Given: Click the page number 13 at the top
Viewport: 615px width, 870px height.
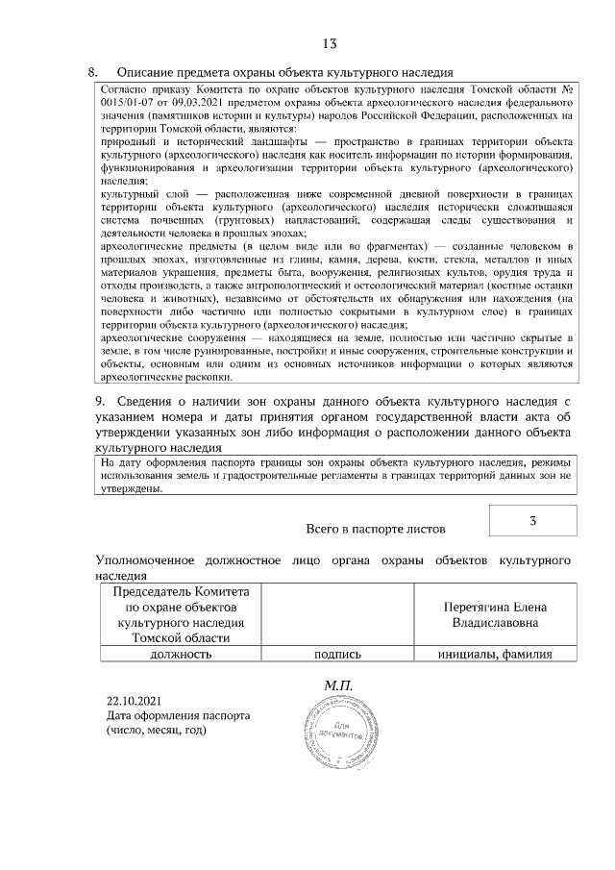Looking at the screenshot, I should [x=329, y=43].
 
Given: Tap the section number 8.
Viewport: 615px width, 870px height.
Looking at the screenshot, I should [x=93, y=72].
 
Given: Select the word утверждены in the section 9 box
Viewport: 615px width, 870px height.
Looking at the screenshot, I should [x=133, y=487].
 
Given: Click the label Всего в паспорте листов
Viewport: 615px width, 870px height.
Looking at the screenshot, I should [x=375, y=528].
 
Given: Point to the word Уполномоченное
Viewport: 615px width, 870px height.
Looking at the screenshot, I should [x=145, y=559].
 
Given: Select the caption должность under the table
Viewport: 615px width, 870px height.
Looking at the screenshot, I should [x=180, y=654].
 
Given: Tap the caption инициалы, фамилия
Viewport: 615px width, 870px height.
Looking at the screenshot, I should [x=495, y=654].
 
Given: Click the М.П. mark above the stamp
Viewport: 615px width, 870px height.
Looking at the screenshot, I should [x=339, y=685].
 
